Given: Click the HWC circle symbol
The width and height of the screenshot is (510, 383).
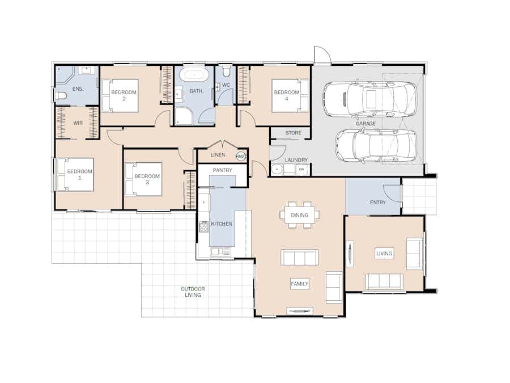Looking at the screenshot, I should (x=241, y=156).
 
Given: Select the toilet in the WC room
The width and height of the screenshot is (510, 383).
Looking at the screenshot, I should (x=226, y=71).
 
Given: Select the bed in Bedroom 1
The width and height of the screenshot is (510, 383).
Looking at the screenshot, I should (x=74, y=174).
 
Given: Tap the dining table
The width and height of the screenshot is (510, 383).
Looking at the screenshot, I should (x=299, y=215).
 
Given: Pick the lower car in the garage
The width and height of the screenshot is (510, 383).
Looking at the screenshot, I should (x=375, y=145).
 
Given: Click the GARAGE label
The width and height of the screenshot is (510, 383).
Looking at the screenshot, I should (x=365, y=123).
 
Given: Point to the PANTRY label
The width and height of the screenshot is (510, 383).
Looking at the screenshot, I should (x=222, y=170).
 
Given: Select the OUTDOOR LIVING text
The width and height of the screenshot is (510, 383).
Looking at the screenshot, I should (x=193, y=292).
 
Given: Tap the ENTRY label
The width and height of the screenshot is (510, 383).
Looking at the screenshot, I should (x=377, y=203).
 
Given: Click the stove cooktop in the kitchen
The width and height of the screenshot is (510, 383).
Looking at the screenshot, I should (x=203, y=227).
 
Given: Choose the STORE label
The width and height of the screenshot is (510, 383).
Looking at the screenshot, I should (x=293, y=133).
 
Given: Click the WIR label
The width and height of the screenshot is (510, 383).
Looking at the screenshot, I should (x=78, y=123).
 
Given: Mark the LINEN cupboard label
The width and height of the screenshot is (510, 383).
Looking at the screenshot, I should (x=218, y=155).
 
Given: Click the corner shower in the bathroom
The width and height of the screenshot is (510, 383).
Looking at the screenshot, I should (x=184, y=116).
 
